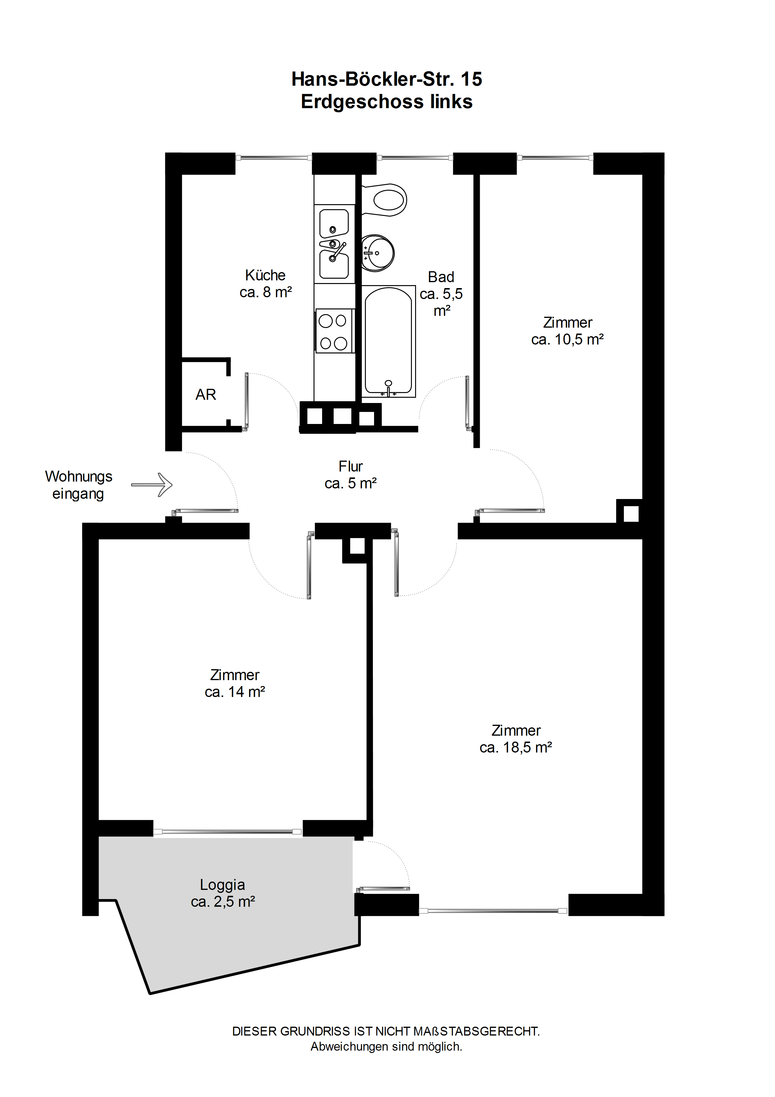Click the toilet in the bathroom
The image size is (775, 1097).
385,200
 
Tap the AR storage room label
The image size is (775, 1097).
206,395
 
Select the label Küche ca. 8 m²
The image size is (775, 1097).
265,284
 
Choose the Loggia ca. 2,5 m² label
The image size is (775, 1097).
223,893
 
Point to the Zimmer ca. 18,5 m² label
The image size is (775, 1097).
516,739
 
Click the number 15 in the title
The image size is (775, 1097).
471,79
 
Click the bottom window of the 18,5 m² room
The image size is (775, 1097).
493,911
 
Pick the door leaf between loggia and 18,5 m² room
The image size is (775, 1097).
384,889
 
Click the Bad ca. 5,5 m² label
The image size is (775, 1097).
441,293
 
